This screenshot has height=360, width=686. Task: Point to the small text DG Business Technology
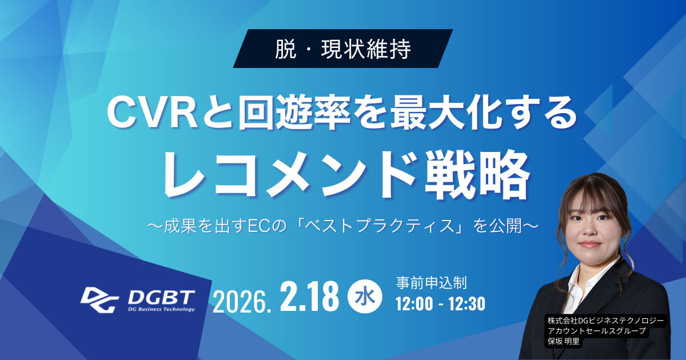click(x=161, y=310)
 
